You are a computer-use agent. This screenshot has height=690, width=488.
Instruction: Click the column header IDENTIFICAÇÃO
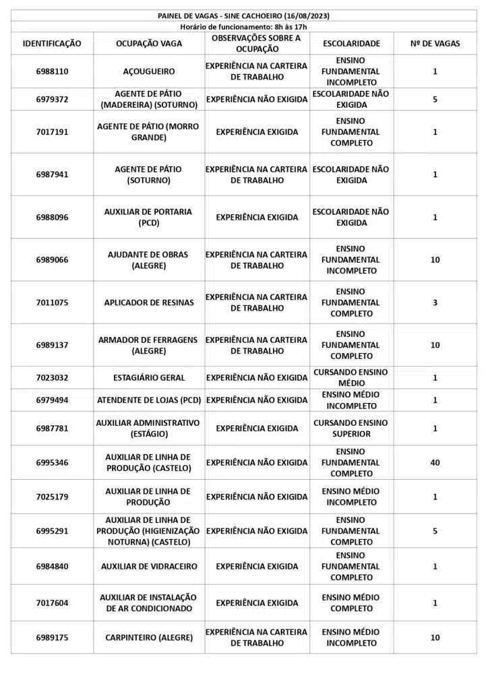[x=52, y=43]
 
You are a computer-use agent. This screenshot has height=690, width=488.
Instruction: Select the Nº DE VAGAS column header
[x=435, y=43]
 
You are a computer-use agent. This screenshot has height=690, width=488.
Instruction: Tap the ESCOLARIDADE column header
[x=351, y=43]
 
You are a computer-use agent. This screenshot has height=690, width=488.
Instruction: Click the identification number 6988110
[x=52, y=71]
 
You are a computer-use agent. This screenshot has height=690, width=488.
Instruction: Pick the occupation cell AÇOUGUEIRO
[x=149, y=71]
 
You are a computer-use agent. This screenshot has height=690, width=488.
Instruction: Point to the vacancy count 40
[x=435, y=463]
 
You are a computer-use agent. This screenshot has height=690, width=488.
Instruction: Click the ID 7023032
[x=52, y=378]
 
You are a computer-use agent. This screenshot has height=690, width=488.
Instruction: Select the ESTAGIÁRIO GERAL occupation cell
[x=149, y=378]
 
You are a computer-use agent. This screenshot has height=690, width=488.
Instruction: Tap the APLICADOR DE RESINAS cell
[x=149, y=303]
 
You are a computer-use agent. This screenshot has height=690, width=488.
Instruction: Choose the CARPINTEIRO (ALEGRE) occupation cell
[x=149, y=637]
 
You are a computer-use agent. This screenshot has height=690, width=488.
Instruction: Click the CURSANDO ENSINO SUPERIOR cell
[x=351, y=429]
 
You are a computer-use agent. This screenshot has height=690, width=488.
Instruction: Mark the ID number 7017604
[x=52, y=603]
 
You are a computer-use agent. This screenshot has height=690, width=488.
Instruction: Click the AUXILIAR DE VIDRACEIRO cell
[x=149, y=567]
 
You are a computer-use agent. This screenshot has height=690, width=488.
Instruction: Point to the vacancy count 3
[x=435, y=303]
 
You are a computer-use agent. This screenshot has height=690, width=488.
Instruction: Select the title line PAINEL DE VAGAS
[x=243, y=15]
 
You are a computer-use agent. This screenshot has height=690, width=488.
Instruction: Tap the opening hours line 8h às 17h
[x=243, y=26]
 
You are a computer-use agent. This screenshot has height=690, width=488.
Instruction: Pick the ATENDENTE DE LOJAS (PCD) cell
[x=149, y=400]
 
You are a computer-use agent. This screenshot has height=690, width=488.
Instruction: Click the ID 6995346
[x=52, y=463]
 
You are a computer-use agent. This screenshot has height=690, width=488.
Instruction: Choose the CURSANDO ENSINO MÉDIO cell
[x=351, y=378]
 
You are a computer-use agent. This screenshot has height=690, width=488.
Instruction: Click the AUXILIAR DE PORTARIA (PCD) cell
[x=149, y=217]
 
